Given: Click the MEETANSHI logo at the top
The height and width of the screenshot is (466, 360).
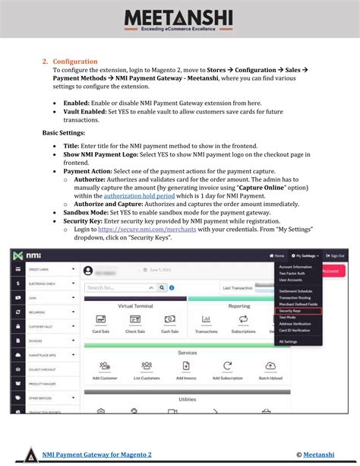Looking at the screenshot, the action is (179, 18).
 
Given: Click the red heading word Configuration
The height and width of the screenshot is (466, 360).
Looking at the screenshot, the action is (75, 62).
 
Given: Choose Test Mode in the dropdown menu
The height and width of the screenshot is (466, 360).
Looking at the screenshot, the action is (289, 317).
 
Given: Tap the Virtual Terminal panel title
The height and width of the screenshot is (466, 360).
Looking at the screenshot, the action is (135, 306).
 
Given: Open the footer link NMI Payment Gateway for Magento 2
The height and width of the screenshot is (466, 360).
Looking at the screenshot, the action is (97, 455).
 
